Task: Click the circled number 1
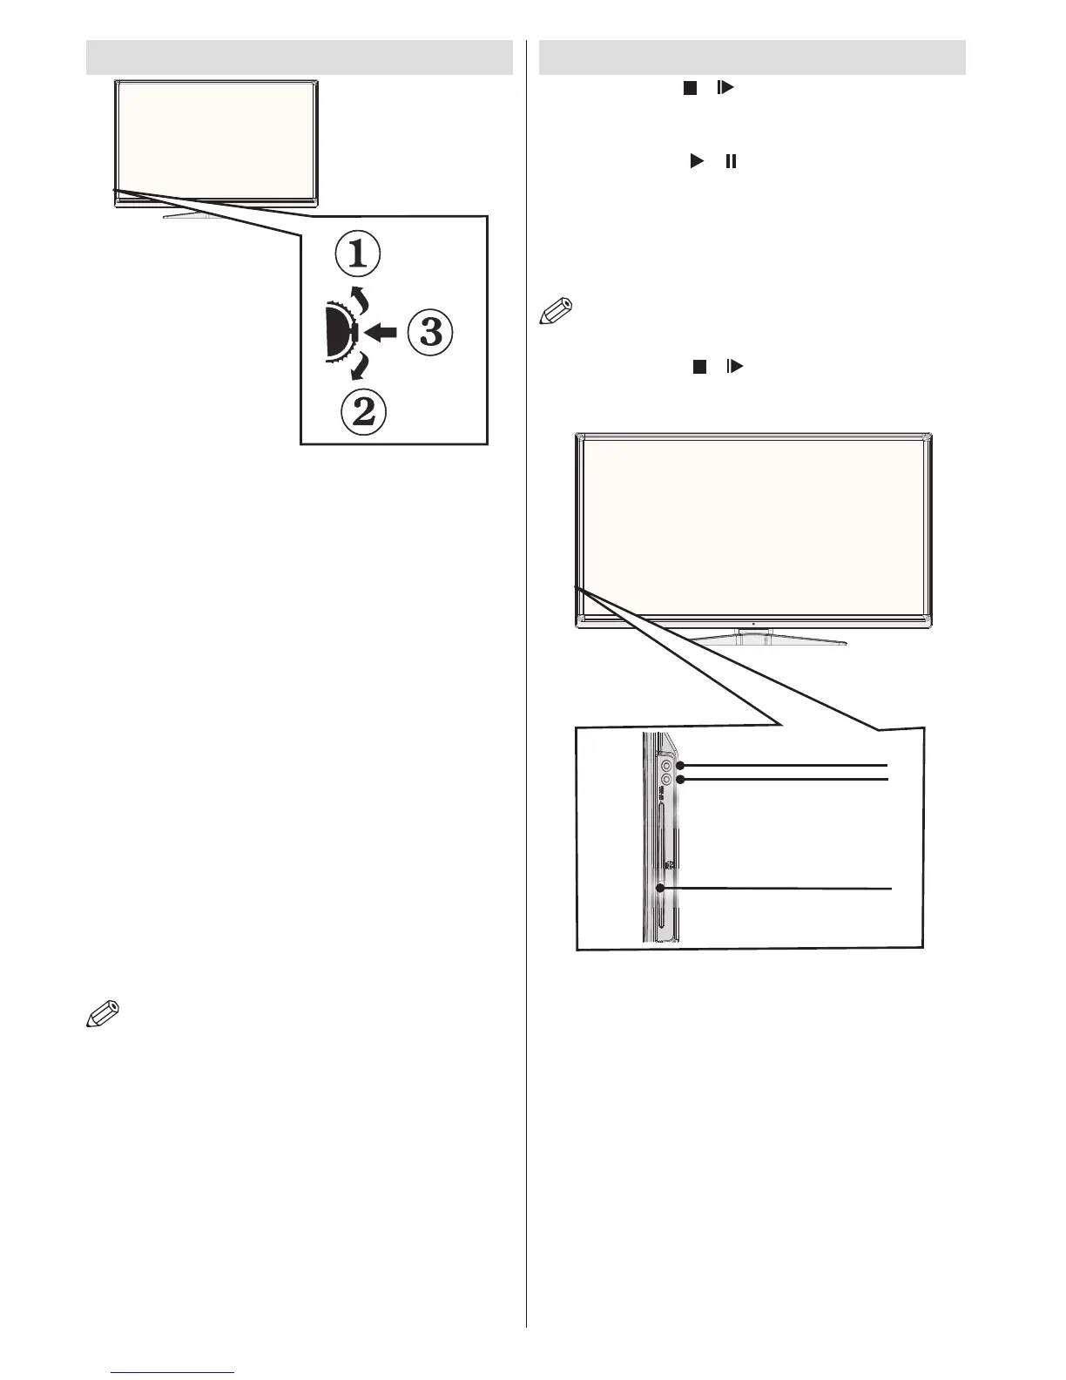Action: coord(358,256)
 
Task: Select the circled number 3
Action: coord(430,335)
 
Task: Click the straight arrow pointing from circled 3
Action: coord(381,332)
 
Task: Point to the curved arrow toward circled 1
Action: coord(356,298)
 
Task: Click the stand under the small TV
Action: coord(193,214)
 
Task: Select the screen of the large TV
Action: coord(754,526)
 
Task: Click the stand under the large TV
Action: coord(754,639)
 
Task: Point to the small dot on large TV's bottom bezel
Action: coord(752,625)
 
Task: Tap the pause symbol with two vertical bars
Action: coord(731,161)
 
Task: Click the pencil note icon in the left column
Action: coord(102,1015)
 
